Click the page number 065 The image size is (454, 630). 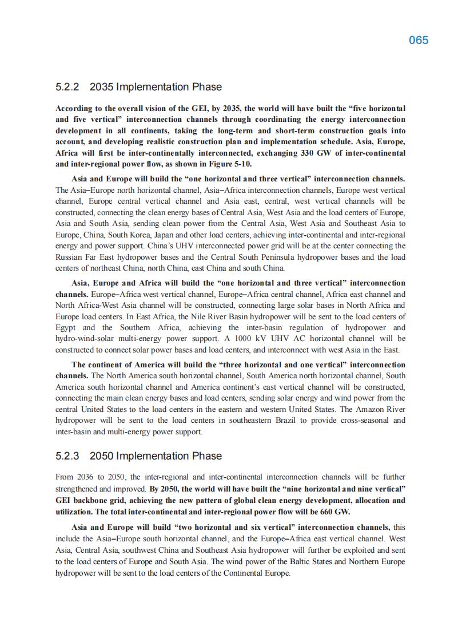pyautogui.click(x=419, y=40)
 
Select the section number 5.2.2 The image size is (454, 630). pyautogui.click(x=67, y=87)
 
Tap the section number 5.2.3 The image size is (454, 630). pyautogui.click(x=67, y=456)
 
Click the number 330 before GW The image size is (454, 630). pyautogui.click(x=307, y=153)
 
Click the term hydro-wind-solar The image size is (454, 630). pyautogui.click(x=85, y=339)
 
